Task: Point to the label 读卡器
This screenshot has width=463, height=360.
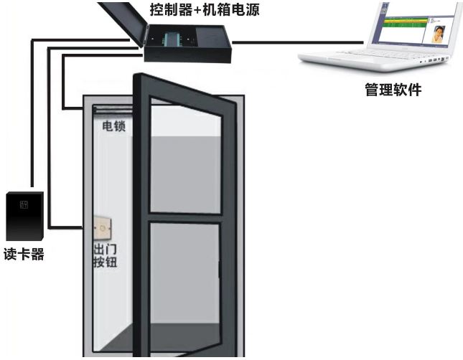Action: tap(23, 255)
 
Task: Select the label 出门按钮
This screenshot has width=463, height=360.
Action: tap(105, 255)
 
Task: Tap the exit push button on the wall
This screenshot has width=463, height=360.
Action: tap(103, 229)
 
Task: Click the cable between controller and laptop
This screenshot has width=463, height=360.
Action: tap(266, 42)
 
